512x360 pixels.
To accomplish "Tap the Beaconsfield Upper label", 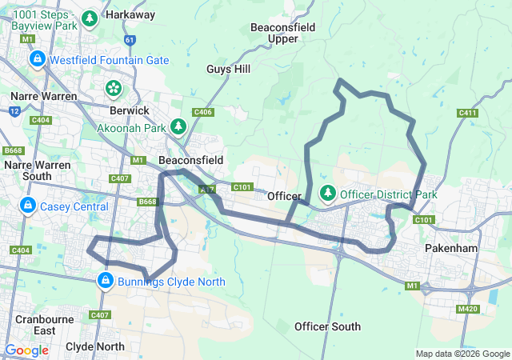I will tap(283, 33).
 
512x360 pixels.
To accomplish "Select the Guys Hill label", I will tap(229, 70).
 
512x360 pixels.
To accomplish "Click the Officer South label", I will tap(327, 326).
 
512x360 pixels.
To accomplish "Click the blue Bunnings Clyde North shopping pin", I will tap(105, 280).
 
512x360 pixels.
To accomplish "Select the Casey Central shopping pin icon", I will tap(28, 205).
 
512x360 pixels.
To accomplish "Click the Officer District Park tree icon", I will tap(328, 193).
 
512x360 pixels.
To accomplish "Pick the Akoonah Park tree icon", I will tap(178, 126).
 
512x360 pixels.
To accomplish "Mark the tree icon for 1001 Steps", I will tap(90, 18).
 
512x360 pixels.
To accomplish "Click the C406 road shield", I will tap(203, 113).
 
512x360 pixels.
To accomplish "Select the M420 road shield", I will tap(466, 310).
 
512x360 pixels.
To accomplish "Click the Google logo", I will tap(26, 350).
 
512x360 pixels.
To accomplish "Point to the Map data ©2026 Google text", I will tap(462, 354).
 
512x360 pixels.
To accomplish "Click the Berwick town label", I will tap(130, 110).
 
